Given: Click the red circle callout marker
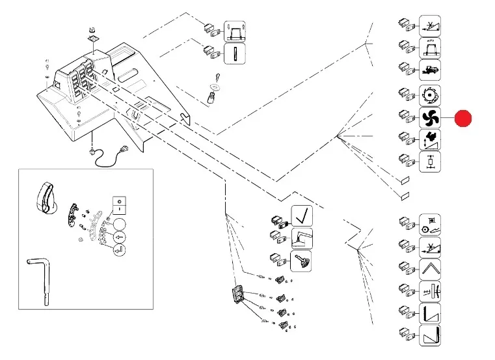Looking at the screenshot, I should pos(462,119).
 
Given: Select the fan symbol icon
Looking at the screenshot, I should pos(429,118).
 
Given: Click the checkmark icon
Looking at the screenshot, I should pos(301,215).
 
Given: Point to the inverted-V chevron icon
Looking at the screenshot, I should pos(429,268).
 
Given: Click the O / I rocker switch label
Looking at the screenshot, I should pos(119,204).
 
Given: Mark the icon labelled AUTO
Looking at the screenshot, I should pos(429,48).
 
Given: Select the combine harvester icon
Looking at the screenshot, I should pos(429,70).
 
